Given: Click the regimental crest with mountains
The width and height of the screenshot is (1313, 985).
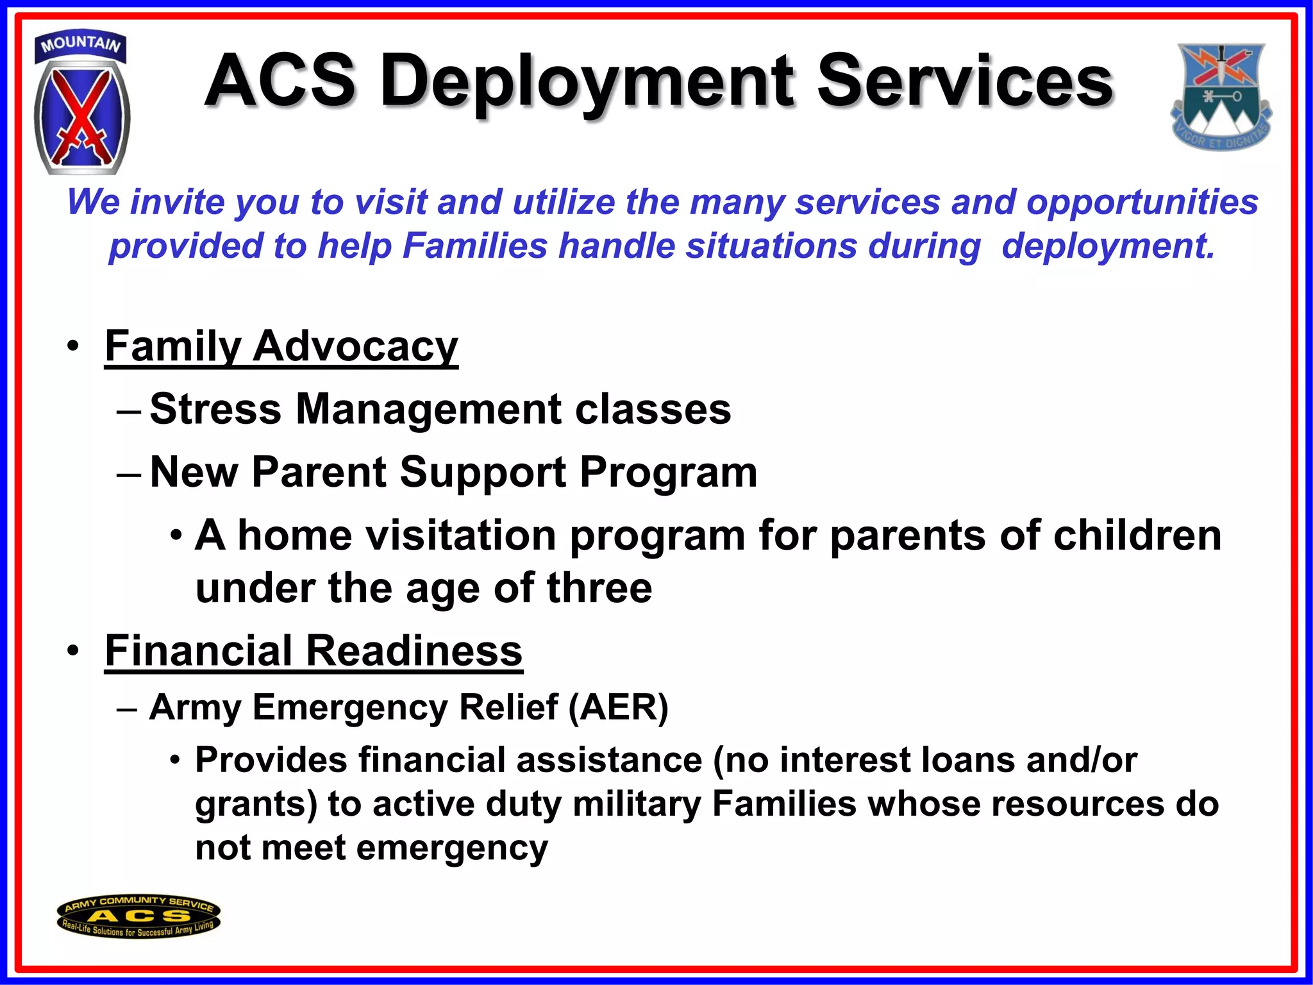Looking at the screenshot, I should (1221, 96).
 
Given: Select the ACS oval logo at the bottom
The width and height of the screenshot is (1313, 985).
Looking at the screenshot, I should (138, 916).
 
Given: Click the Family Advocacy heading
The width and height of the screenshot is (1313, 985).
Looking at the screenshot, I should (281, 346).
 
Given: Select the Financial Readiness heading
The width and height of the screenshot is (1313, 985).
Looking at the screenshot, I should (314, 651).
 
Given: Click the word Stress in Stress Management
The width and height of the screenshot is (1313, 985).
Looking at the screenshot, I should (215, 409).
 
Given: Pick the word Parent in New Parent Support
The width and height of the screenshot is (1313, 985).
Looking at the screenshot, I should (319, 473).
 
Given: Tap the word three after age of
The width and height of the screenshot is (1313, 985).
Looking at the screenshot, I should (599, 588).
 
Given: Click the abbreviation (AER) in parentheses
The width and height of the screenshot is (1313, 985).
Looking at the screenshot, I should (618, 707).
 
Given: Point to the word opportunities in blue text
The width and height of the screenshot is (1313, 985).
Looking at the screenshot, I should (1142, 203).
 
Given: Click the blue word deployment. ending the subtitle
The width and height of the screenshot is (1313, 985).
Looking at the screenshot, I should (1108, 246).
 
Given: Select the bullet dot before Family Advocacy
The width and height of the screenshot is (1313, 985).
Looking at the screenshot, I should (73, 346).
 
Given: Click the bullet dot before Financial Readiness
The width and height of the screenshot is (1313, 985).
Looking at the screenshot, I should (73, 651).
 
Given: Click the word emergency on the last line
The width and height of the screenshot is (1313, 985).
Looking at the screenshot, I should (452, 848).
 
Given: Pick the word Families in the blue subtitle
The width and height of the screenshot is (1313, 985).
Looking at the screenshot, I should (475, 246).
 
